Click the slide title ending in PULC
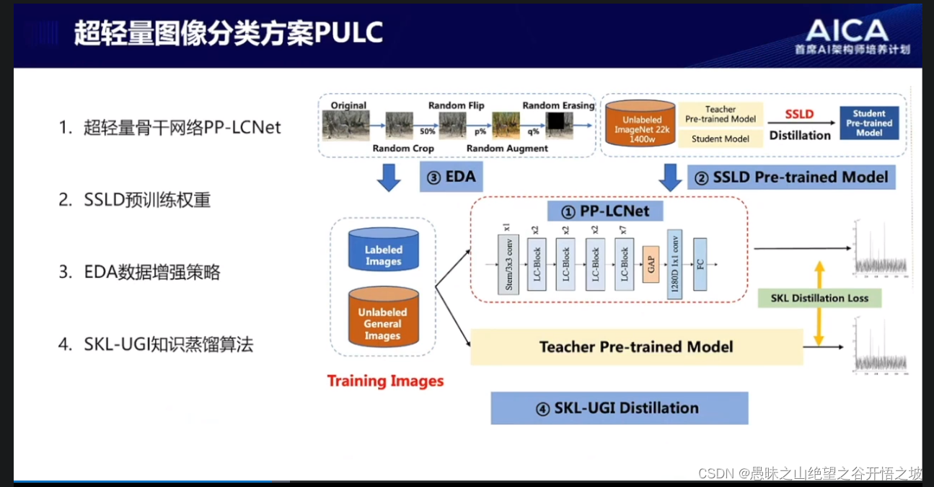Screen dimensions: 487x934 228,33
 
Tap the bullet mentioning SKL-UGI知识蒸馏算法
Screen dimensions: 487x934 168,344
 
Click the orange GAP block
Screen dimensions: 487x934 651,264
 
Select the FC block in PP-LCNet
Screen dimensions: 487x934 699,264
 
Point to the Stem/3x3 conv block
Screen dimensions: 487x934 508,264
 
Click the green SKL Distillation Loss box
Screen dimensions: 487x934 819,298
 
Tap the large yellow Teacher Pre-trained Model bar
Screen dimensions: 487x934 636,347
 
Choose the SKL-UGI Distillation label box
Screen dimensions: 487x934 619,408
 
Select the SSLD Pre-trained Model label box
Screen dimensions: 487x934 791,177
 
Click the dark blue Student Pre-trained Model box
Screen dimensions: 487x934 869,123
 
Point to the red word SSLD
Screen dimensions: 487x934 799,114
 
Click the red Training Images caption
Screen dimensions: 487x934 385,381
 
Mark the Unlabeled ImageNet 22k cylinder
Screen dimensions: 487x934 640,124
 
